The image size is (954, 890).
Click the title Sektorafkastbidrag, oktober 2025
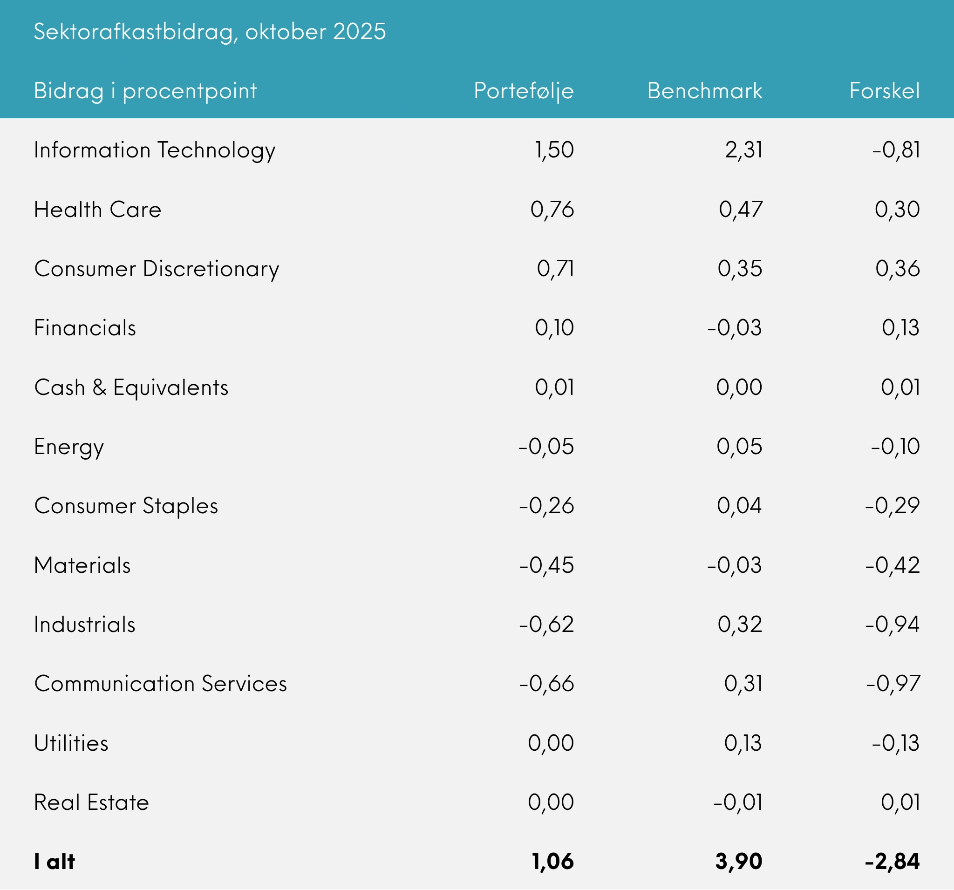point(210,32)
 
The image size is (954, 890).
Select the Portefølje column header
point(524,91)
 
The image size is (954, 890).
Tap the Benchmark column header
point(704,91)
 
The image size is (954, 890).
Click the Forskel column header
point(885,91)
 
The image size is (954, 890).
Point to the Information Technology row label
point(155,150)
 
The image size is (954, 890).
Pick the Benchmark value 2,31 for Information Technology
point(743,149)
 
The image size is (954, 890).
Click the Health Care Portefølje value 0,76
point(552,209)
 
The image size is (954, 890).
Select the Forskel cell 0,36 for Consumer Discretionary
point(897,269)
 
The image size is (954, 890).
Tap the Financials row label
point(85,328)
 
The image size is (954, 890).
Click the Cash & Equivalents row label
point(131,387)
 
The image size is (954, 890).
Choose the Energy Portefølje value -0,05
point(546,447)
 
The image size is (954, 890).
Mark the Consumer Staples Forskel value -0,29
point(892,506)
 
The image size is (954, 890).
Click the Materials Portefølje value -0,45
point(546,565)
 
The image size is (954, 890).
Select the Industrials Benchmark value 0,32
point(740,625)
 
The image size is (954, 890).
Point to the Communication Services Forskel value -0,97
point(893,684)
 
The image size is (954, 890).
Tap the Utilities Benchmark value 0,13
point(743,743)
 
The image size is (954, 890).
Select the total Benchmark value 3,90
point(738,862)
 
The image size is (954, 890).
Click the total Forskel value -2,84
point(892,862)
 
